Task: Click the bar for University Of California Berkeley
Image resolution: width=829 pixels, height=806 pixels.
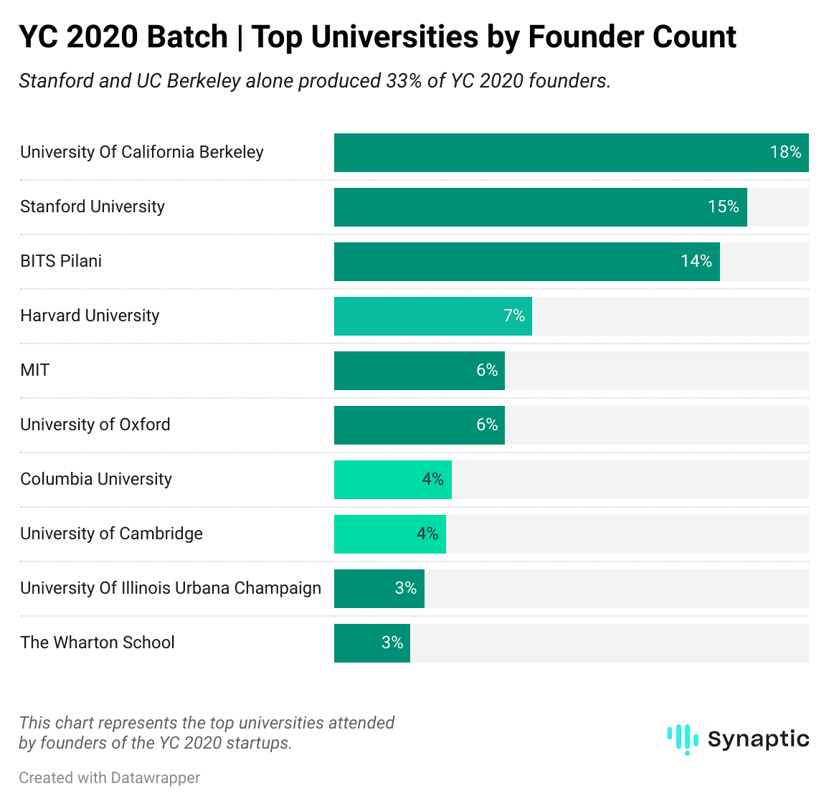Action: coord(571,153)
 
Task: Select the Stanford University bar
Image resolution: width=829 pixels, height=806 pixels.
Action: coord(540,207)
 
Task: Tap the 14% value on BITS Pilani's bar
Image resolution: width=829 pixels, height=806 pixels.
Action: coord(696,261)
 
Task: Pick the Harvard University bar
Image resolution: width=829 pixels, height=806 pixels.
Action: coord(432,316)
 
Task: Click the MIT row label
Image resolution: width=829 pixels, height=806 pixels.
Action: coord(34,370)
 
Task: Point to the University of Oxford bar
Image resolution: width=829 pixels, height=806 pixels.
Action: coord(419,425)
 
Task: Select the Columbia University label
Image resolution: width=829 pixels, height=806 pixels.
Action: coord(96,479)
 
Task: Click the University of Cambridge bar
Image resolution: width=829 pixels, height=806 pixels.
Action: coord(389,534)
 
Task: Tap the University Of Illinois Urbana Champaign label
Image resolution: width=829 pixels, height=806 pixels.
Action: coord(171,588)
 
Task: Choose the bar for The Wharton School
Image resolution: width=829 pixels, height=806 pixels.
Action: coord(371,643)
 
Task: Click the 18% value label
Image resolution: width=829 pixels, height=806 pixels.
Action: coord(785,152)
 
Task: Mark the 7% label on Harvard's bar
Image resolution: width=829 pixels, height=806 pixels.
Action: coord(513,316)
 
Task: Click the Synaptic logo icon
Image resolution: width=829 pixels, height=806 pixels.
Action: coord(682,739)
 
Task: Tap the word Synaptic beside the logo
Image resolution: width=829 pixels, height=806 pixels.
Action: coord(758,739)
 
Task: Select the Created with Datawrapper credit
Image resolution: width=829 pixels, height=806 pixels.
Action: coord(109,778)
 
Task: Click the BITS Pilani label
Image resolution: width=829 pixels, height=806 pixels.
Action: coord(61,261)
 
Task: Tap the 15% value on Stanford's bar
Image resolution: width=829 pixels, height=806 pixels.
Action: coord(723,207)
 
